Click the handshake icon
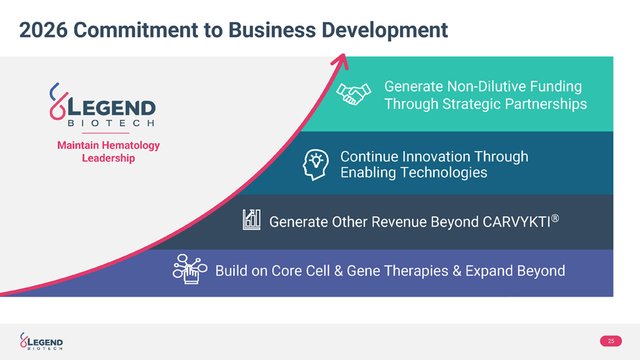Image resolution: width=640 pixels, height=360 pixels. (354, 94)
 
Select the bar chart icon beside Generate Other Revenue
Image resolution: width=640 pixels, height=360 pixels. (252, 219)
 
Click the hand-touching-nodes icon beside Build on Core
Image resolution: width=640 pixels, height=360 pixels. (190, 270)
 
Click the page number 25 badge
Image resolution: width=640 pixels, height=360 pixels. (610, 341)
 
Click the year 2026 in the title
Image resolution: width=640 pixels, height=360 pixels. (42, 30)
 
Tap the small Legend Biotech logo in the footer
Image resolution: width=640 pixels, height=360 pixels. (42, 342)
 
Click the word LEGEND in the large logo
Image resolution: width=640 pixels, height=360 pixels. (113, 109)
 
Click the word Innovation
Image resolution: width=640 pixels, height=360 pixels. (434, 156)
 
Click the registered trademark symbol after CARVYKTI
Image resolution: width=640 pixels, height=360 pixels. (556, 218)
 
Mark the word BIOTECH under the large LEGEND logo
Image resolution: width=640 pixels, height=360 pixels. (112, 123)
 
